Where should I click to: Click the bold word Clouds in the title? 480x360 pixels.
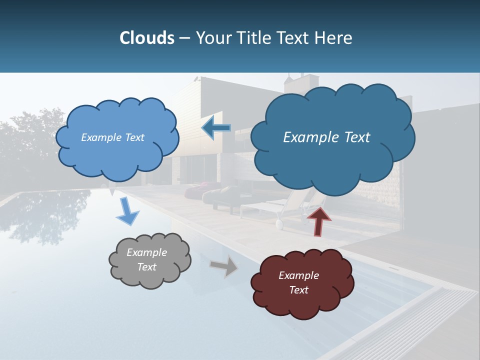[147, 38]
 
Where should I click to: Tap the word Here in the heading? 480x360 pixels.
[333, 38]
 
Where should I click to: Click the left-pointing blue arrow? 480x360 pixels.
[216, 128]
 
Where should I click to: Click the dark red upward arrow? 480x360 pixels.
[318, 221]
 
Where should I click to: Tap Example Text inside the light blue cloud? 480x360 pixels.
[112, 137]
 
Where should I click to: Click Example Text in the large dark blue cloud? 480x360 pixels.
[326, 137]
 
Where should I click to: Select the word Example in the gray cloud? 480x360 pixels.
[146, 252]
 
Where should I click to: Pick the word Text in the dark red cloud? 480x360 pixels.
[298, 290]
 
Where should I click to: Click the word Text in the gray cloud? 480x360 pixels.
[146, 267]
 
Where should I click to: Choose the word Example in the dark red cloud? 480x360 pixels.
[298, 275]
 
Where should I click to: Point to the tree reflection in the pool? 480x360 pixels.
[45, 215]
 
